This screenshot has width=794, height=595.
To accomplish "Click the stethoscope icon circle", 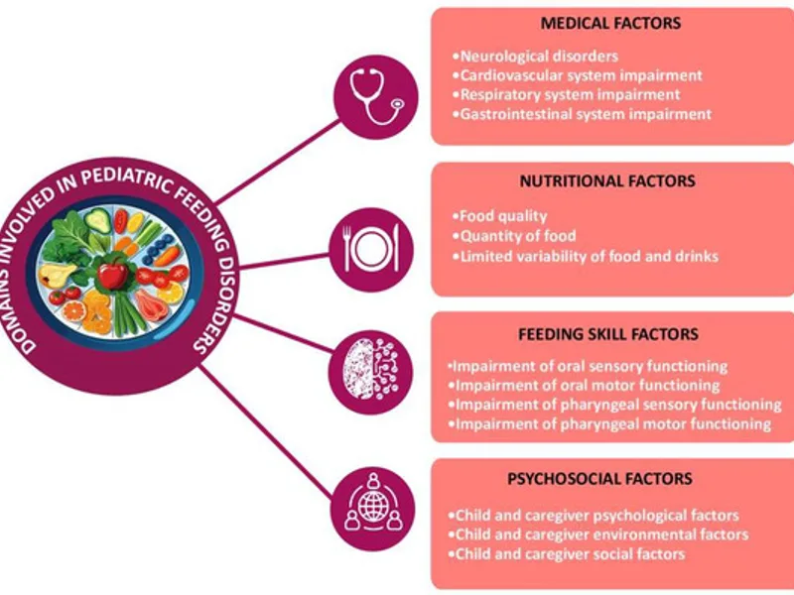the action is pos(376,97).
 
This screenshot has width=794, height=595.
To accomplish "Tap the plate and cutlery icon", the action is pos(371,250).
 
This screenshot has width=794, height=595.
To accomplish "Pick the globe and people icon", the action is pos(373,509).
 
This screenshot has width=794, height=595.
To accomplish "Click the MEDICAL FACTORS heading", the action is pos(610,23).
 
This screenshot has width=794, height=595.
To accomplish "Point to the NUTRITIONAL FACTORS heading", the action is pos(607,181).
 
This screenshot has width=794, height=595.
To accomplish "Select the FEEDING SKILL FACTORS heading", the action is pos(608,334).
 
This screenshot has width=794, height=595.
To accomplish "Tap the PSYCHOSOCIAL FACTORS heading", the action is pos(599,479).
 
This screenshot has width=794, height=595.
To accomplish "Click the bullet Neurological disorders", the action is pos(535,57).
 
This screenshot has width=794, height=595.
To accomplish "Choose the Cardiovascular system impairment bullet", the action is pos(578,75).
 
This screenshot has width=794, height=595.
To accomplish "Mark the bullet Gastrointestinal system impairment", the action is pos(582,114).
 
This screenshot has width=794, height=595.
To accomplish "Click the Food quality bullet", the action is pos(500,216).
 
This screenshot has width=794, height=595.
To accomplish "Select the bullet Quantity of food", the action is pos(514,236).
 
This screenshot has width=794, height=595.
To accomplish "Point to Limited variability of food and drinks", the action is pos(586,256).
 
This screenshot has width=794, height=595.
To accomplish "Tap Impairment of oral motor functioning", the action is pos(584,386).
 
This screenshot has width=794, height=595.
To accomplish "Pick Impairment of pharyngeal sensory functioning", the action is pos(614,405).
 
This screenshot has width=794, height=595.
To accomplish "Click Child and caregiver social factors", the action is pos(567,554).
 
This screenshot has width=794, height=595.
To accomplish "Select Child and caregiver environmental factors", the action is pos(598,535).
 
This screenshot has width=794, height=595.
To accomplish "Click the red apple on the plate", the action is pos(113,274).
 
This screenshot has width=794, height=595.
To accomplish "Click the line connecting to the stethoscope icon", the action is pos(278,162).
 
